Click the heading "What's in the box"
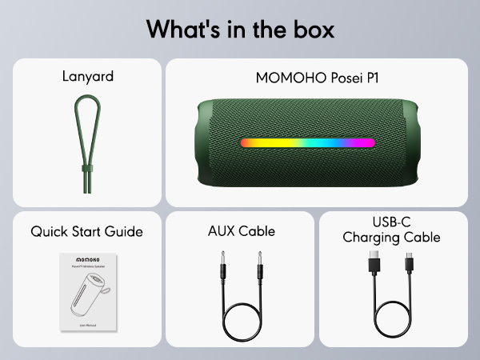click(x=240, y=29)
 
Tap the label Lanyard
click(x=88, y=78)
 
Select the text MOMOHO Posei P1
click(x=316, y=78)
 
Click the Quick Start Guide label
click(x=86, y=232)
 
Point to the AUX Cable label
click(x=241, y=232)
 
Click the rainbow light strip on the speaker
click(x=307, y=143)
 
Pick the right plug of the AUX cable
click(x=258, y=263)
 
